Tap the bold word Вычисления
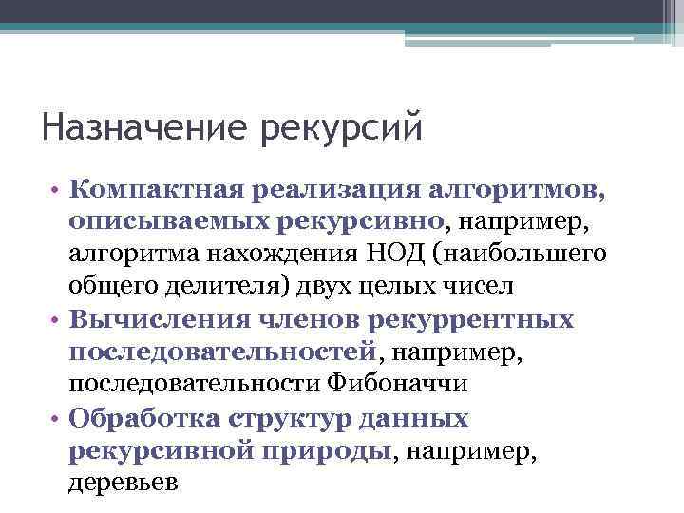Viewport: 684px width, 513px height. point(149,319)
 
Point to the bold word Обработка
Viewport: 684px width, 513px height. point(145,417)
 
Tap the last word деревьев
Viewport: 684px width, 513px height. point(123,482)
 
